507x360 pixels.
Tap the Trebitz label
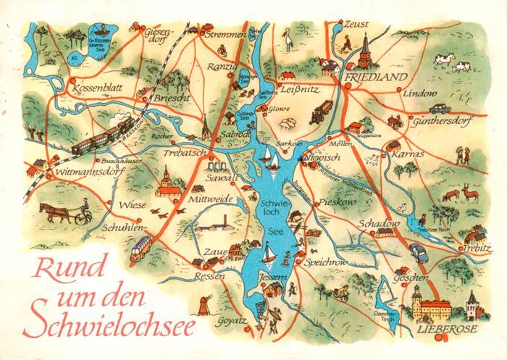[467, 247]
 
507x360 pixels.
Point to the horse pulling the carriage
[51, 211]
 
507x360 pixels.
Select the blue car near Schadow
[419, 251]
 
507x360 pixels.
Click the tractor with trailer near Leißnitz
[323, 108]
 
